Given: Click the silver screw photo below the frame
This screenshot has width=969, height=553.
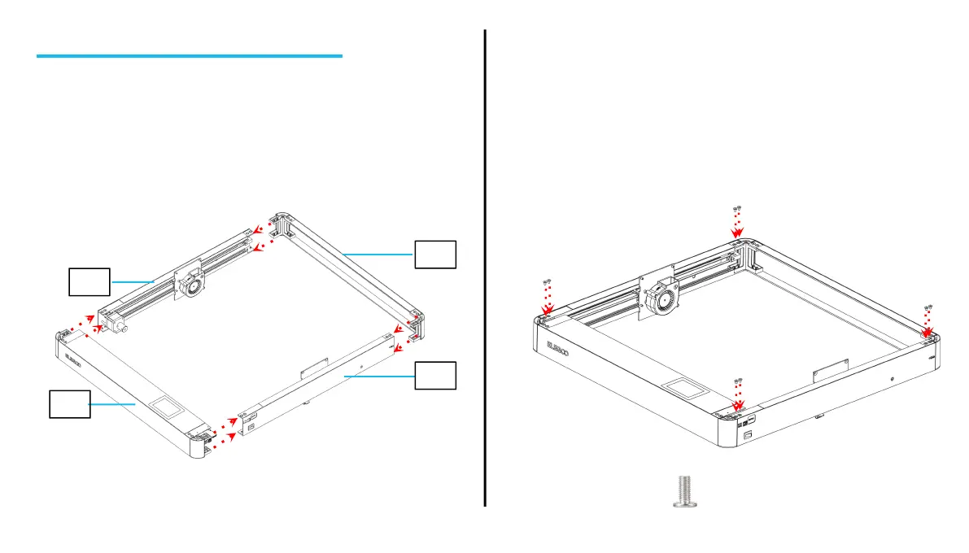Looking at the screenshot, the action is pyautogui.click(x=686, y=491).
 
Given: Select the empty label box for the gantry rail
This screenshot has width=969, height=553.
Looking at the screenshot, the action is pyautogui.click(x=89, y=282).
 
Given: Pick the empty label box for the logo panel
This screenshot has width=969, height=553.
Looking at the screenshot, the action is pyautogui.click(x=69, y=403).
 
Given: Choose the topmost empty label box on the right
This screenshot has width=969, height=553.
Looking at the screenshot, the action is pyautogui.click(x=435, y=254).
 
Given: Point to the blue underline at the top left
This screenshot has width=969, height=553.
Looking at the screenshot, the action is pyautogui.click(x=190, y=56).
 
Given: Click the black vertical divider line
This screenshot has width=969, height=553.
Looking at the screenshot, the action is pyautogui.click(x=485, y=268).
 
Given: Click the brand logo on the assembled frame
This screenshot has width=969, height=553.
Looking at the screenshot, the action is pyautogui.click(x=557, y=348).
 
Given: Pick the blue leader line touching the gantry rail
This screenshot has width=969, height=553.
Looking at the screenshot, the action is pyautogui.click(x=132, y=281).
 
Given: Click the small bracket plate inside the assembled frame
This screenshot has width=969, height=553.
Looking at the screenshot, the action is pyautogui.click(x=832, y=373).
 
